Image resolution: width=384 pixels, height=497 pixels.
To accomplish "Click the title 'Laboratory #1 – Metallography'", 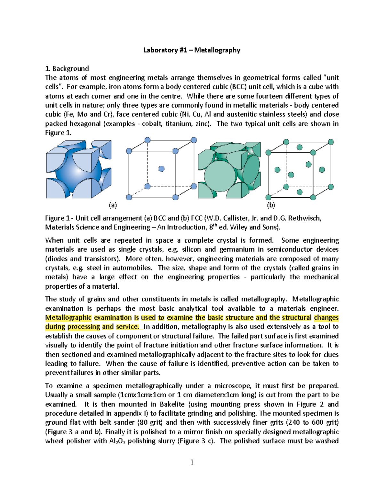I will click(x=192, y=50).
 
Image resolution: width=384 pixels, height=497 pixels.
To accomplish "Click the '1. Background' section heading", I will click(x=67, y=68).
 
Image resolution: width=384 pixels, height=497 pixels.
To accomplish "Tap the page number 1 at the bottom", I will click(x=192, y=462).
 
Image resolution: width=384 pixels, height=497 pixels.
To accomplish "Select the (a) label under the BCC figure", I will click(x=113, y=205).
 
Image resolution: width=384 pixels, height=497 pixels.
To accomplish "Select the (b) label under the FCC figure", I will click(x=271, y=205).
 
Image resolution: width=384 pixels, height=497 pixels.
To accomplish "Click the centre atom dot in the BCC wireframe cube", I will click(x=161, y=169).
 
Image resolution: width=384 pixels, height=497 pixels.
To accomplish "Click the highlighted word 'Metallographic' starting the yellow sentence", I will click(x=68, y=318).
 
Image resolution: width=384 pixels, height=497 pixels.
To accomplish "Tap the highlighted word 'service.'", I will click(x=127, y=327).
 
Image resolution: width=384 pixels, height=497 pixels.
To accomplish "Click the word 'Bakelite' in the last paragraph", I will click(x=172, y=404).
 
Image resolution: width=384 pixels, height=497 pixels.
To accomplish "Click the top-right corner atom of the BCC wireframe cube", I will click(x=194, y=140).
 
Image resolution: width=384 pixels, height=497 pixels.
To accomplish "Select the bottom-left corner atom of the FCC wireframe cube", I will click(x=269, y=197).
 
